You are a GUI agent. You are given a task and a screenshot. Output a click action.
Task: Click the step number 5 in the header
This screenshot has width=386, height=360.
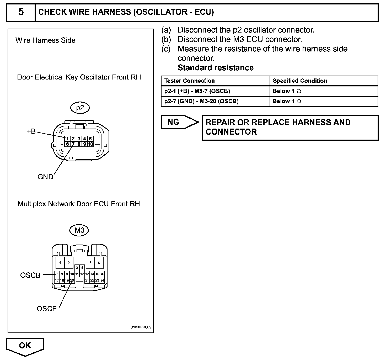21,12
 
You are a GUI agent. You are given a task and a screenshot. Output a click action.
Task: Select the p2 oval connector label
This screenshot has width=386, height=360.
80,108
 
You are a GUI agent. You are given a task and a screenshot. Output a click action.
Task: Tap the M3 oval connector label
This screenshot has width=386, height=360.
79,230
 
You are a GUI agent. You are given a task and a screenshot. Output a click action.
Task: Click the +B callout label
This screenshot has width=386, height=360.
31,131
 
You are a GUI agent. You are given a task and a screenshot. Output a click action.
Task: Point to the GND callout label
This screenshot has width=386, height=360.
45,177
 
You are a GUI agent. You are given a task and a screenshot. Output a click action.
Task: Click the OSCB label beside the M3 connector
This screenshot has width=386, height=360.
30,275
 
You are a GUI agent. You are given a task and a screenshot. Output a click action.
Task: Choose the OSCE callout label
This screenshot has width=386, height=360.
47,309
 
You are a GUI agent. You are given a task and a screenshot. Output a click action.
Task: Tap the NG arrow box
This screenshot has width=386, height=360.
178,122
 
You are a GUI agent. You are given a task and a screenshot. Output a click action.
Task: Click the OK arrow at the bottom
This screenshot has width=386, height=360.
25,346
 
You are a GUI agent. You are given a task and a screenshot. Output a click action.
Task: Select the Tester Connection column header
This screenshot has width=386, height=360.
189,81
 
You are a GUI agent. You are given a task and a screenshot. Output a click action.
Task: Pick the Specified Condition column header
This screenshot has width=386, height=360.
300,81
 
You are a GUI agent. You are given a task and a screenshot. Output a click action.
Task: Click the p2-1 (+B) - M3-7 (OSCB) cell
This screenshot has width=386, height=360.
197,91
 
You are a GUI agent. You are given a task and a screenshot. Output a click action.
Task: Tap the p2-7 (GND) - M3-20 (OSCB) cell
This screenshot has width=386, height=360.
201,101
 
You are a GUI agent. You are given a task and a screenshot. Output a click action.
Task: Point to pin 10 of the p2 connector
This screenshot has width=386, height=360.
90,144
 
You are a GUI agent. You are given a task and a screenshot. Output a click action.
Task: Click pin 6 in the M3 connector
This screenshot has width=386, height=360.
99,263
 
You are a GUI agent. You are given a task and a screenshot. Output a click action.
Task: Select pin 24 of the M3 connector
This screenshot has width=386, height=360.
102,280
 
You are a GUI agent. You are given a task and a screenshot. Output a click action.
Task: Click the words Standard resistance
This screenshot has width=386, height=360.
216,68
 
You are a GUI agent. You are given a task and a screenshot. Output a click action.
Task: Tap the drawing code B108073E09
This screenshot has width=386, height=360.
141,327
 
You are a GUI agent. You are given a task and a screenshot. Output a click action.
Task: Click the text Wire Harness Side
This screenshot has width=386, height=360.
45,40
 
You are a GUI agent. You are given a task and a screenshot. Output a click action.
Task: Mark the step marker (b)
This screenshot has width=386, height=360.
166,39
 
